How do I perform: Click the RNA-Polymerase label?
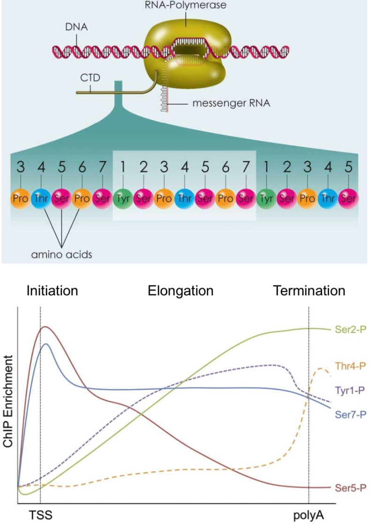(185, 5)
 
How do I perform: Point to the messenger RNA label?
(232, 102)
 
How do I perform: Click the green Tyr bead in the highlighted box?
(121, 198)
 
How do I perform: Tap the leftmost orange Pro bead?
(20, 198)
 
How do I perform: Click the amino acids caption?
(61, 255)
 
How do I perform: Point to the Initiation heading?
(52, 291)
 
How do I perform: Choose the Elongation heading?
(180, 291)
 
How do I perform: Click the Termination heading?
(309, 291)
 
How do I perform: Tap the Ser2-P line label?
(351, 329)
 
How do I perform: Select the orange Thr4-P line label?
(351, 365)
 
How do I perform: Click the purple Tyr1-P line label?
(351, 389)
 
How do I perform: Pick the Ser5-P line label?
(351, 488)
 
